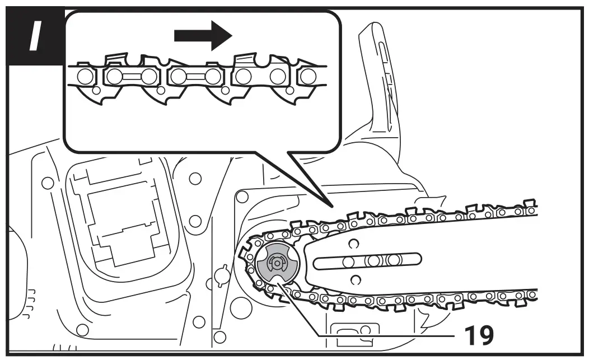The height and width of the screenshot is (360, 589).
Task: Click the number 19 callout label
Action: click(478, 334)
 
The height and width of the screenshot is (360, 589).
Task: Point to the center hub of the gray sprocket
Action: click(277, 261)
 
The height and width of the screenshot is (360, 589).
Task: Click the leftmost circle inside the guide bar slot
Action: click(348, 261)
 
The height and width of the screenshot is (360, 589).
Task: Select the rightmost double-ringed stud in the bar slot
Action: click(394, 260)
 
